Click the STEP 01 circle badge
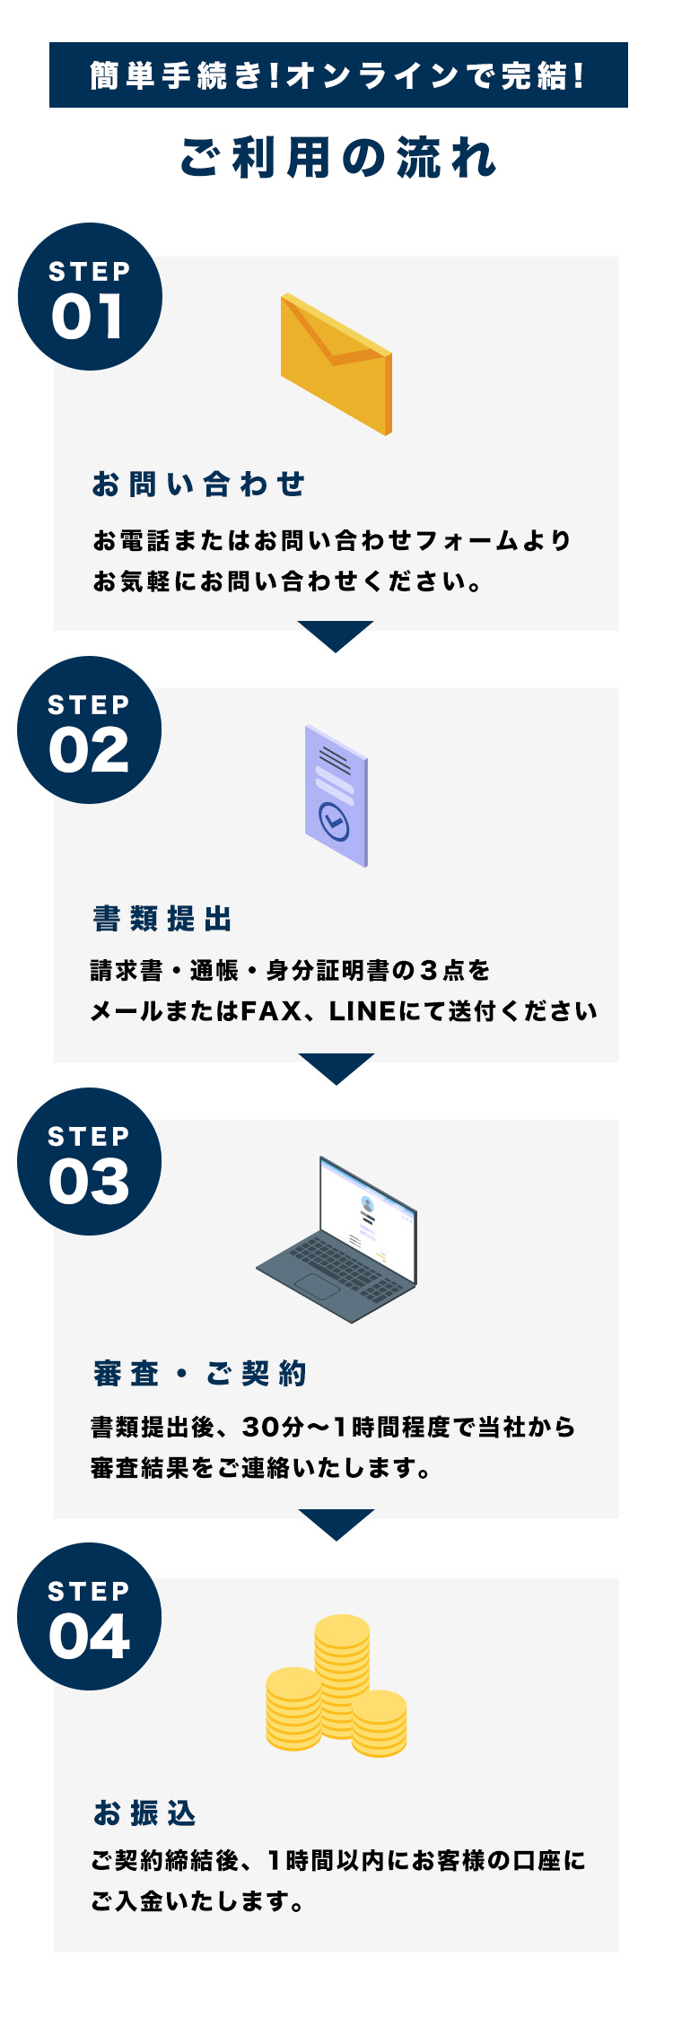click(x=90, y=297)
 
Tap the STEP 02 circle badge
click(x=90, y=730)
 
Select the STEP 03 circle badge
click(x=90, y=1162)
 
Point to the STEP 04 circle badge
click(x=90, y=1617)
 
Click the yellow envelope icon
click(x=336, y=363)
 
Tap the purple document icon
click(x=336, y=796)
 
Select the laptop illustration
click(x=336, y=1239)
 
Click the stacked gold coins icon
click(x=336, y=1685)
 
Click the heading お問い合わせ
click(x=198, y=485)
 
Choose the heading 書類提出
click(x=162, y=919)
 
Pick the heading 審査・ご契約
click(x=199, y=1374)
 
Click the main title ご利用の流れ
click(x=337, y=158)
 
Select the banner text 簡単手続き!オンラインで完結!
click(x=337, y=75)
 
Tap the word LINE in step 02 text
click(x=363, y=1011)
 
